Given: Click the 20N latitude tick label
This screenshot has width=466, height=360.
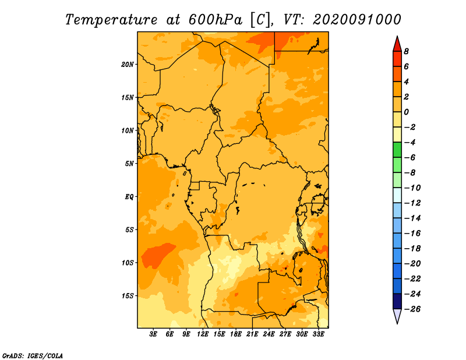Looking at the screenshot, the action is (127, 65).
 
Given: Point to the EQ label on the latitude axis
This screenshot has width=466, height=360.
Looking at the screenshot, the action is (129, 197).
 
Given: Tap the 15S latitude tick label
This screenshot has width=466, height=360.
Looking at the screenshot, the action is (127, 296).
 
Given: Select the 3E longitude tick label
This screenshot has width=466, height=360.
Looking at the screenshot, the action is (153, 334).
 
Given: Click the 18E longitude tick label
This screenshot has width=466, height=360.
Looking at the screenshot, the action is (236, 334).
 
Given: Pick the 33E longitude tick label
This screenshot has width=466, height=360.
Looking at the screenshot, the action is (318, 334).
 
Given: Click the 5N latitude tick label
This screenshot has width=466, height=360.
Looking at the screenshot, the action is (129, 164).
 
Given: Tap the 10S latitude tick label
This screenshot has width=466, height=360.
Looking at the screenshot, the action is (127, 263).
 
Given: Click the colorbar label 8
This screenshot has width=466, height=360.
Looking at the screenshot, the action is (406, 51).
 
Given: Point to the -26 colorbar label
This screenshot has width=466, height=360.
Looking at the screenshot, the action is (412, 309).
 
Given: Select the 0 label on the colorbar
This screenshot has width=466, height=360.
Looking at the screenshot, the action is (406, 112).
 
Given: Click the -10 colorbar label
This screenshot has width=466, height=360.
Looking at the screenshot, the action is (412, 188).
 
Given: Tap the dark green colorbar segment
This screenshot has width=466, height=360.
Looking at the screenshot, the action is (397, 150).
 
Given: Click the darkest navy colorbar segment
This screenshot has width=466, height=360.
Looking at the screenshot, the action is (397, 301).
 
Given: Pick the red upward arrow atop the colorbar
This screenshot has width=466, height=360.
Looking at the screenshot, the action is (397, 44).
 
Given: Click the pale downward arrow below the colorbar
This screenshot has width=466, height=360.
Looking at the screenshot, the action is (397, 316).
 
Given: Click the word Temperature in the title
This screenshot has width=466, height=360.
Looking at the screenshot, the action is (111, 20).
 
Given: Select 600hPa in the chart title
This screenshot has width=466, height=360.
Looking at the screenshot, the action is (216, 20).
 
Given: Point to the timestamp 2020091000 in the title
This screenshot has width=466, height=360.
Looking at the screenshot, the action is (357, 20).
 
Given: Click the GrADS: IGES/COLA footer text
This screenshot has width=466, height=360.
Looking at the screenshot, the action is (33, 356).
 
